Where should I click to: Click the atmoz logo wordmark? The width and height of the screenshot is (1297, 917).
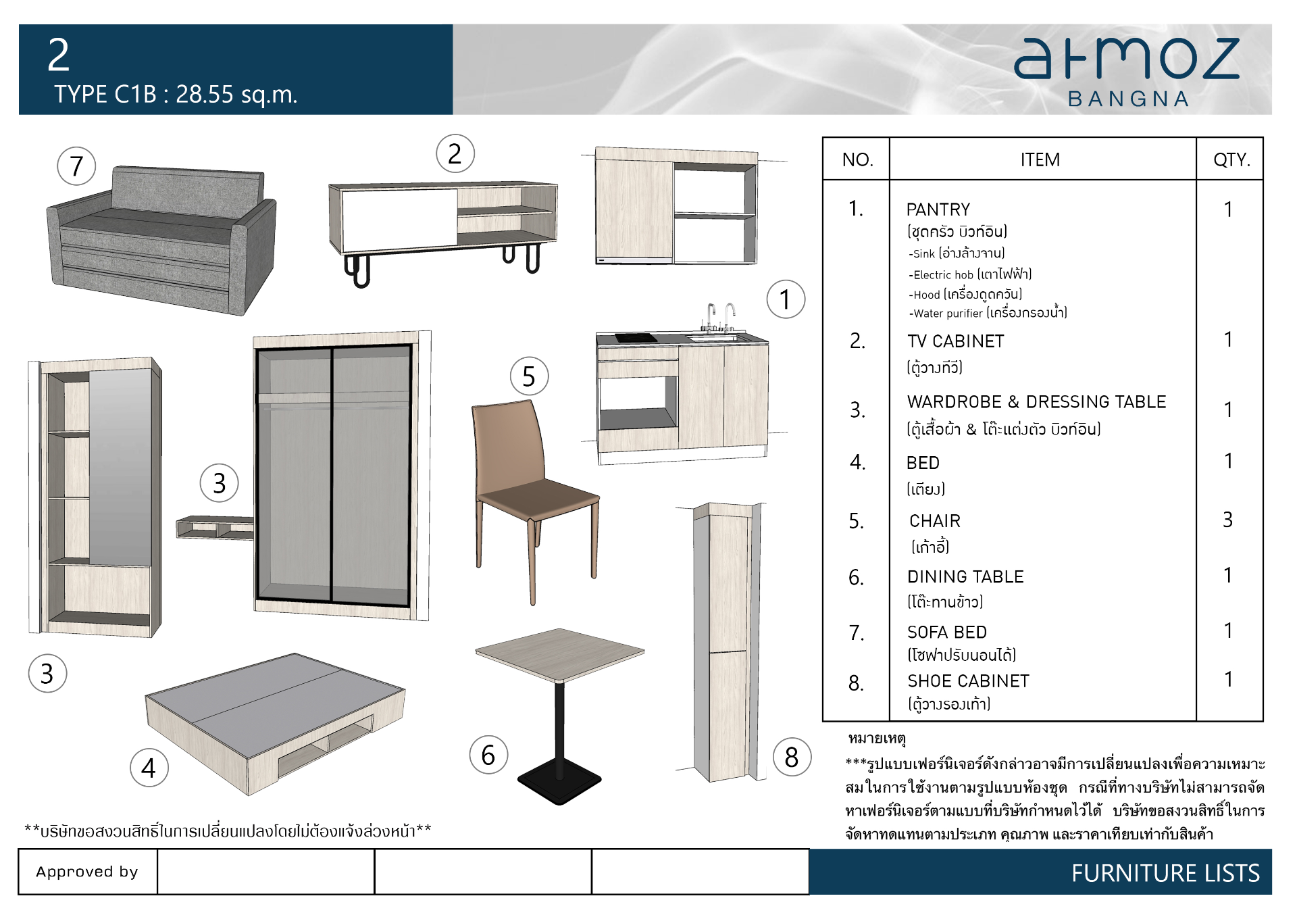pyautogui.click(x=1127, y=59)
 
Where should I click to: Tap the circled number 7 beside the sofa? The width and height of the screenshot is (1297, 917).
pyautogui.click(x=76, y=166)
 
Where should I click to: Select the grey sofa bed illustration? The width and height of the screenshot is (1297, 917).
pyautogui.click(x=161, y=241)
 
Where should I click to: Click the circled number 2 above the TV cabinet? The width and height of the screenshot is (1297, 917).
pyautogui.click(x=455, y=154)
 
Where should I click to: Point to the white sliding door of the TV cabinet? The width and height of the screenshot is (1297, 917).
pyautogui.click(x=399, y=219)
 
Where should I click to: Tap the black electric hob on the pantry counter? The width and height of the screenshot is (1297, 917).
pyautogui.click(x=636, y=338)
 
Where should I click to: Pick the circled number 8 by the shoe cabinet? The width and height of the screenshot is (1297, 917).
pyautogui.click(x=792, y=758)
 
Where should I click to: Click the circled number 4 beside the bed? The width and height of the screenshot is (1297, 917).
pyautogui.click(x=149, y=768)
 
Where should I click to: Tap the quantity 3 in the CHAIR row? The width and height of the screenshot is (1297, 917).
pyautogui.click(x=1228, y=520)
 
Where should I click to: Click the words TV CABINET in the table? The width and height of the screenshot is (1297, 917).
pyautogui.click(x=955, y=341)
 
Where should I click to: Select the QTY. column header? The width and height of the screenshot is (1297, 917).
pyautogui.click(x=1231, y=160)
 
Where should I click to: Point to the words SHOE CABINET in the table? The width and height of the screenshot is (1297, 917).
pyautogui.click(x=968, y=681)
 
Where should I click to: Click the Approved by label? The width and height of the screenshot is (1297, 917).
pyautogui.click(x=87, y=872)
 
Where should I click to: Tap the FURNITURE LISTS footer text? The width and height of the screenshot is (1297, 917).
pyautogui.click(x=1165, y=873)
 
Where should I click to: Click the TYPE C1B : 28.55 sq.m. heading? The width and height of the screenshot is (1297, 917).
pyautogui.click(x=176, y=95)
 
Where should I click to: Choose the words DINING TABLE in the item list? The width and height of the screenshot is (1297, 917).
pyautogui.click(x=965, y=576)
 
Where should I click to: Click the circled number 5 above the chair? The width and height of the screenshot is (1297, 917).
pyautogui.click(x=529, y=376)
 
